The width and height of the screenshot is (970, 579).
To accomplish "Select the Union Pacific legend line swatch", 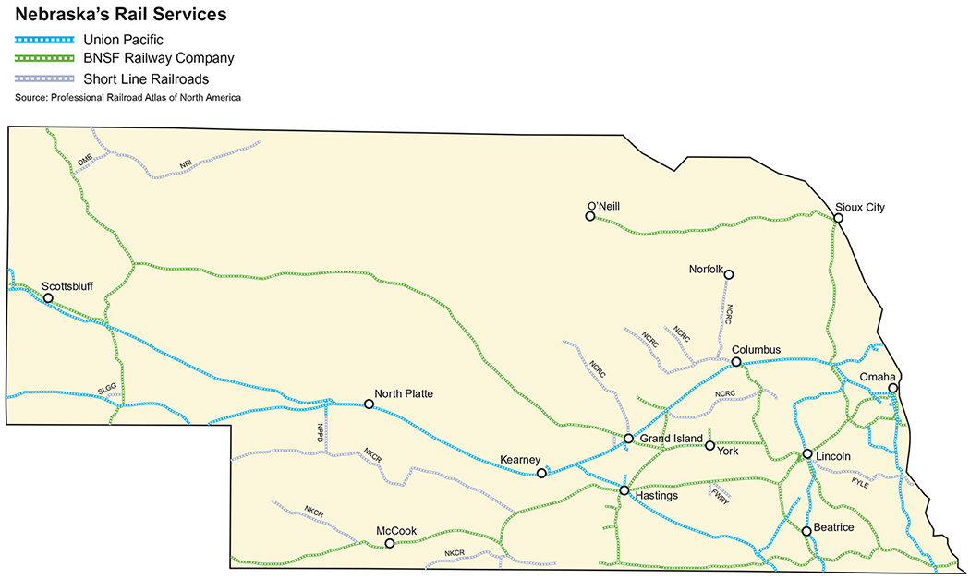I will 44,40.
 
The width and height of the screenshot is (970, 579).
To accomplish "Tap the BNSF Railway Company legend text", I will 158,58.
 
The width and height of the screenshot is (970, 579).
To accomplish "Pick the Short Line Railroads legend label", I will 145,78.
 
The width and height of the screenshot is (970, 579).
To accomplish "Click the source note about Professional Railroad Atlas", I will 127,97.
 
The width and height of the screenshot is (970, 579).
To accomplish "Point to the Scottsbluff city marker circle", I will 48,298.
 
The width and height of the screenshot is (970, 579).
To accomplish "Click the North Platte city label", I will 404,393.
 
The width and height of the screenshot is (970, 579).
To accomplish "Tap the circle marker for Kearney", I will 541,474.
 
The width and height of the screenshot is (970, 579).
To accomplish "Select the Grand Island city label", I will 672,438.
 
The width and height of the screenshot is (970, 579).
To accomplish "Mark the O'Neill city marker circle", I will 589,216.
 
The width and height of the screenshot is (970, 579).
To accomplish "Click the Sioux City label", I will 859,207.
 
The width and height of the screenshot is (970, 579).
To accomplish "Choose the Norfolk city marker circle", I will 728,274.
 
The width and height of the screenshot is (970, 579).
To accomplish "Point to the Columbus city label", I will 756,350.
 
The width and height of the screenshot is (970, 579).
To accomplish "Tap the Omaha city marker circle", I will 893,389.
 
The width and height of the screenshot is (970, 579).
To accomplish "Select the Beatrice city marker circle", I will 806,531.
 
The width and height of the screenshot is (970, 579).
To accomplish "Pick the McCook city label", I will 396,531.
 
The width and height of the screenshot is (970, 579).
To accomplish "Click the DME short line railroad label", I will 85,160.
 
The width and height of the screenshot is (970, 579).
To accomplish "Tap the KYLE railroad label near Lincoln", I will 859,482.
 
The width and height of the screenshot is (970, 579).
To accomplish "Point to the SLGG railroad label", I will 106,392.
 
